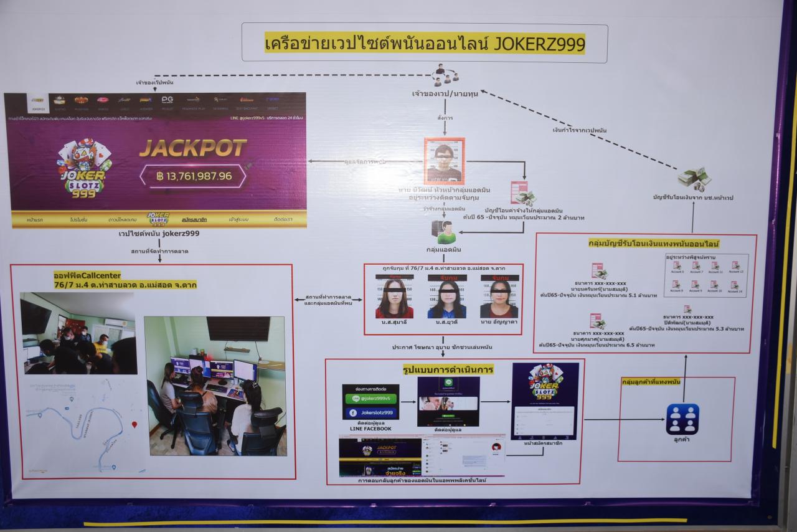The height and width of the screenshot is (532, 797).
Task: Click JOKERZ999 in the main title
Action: (539, 44)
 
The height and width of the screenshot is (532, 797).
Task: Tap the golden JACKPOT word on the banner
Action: (192, 148)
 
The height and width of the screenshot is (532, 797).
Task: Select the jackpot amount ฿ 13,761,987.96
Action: (194, 176)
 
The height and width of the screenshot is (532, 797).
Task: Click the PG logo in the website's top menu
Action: (167, 100)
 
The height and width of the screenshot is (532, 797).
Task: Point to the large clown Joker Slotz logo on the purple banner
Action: (83, 168)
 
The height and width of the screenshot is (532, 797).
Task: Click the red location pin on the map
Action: (134, 424)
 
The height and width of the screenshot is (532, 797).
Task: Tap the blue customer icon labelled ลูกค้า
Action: (682, 419)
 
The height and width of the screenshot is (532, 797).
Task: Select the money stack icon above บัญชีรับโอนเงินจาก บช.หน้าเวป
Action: (694, 178)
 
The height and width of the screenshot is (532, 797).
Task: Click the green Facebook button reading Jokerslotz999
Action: (371, 412)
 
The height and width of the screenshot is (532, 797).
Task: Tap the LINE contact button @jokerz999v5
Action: (371, 397)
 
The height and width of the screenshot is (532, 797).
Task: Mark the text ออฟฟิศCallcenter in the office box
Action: (87, 275)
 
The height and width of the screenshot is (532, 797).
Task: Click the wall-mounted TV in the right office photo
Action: (238, 328)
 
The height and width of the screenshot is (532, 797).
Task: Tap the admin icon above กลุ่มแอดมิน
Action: (445, 232)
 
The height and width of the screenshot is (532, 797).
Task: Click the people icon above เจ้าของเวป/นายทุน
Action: (446, 74)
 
